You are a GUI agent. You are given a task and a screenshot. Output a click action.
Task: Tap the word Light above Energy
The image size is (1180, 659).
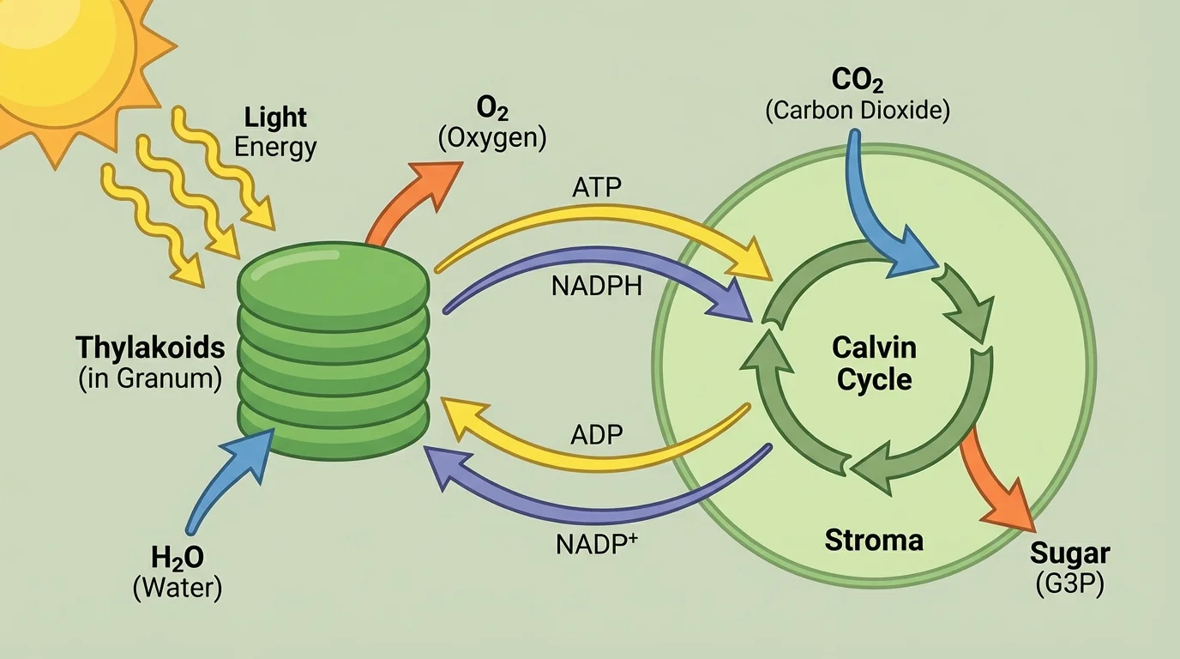pos(275,117)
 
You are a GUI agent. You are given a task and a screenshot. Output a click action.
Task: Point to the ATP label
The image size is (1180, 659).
pos(596,188)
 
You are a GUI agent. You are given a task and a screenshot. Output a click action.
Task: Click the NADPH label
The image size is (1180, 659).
pos(596,286)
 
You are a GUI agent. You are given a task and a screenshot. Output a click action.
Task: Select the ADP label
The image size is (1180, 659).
pos(596,436)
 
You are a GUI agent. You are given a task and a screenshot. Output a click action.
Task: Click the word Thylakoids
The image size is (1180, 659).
pos(150,348)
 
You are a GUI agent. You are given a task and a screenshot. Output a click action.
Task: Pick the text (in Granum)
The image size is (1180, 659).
pos(150,378)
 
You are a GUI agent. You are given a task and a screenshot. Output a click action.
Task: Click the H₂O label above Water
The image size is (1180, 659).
pos(178,559)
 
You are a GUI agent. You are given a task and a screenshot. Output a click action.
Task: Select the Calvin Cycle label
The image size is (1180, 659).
pos(874,364)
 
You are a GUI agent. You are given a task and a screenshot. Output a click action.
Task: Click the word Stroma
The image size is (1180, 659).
pos(874,541)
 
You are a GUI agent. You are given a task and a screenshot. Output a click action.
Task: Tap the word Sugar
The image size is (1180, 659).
pos(1069,553)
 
